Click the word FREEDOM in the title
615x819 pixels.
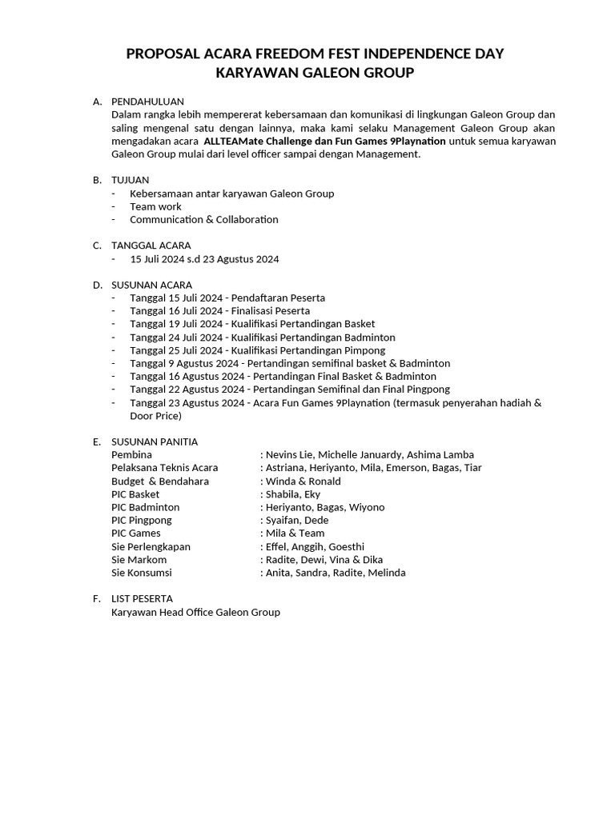pyautogui.click(x=291, y=54)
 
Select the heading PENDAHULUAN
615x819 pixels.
pyautogui.click(x=147, y=102)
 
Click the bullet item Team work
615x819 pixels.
pyautogui.click(x=155, y=206)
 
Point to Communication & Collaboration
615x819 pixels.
pyautogui.click(x=203, y=219)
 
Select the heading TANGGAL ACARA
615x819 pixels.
pyautogui.click(x=151, y=246)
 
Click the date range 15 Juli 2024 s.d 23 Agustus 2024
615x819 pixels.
pyautogui.click(x=204, y=259)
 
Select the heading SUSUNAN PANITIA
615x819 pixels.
pyautogui.click(x=154, y=441)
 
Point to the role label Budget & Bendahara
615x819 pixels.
pyautogui.click(x=159, y=481)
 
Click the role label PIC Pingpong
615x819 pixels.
pyautogui.click(x=141, y=520)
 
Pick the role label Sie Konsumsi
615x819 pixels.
pyautogui.click(x=141, y=573)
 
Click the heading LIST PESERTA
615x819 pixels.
pyautogui.click(x=142, y=598)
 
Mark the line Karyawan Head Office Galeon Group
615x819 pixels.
pyautogui.click(x=195, y=612)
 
